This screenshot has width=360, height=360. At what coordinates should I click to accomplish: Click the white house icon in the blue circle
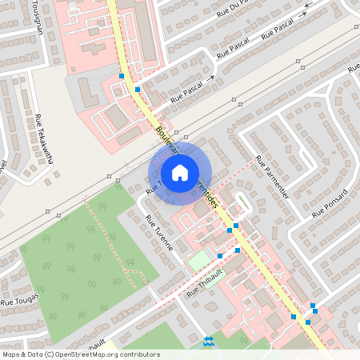(180, 172)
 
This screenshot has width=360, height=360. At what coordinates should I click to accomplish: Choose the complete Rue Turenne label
(158, 233)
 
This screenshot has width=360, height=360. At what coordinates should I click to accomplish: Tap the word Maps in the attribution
(11, 354)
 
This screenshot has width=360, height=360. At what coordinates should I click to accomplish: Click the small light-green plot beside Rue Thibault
(198, 261)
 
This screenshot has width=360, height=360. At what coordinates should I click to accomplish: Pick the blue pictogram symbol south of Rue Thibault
(210, 341)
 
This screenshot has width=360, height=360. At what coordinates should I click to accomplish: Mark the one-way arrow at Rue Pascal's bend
(212, 78)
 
